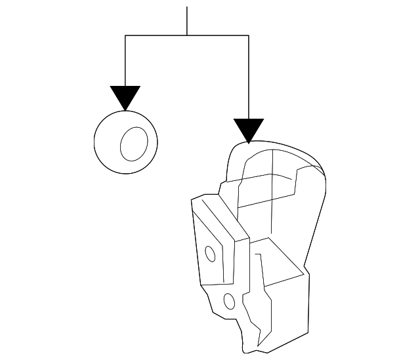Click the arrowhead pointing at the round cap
point(125,96)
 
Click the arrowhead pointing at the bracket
point(249,130)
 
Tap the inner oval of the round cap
point(134,143)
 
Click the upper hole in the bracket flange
point(211,254)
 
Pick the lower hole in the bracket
point(229,302)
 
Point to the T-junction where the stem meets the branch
point(187,35)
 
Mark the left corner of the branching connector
point(125,35)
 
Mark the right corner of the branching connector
point(249,35)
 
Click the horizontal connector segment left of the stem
point(156,35)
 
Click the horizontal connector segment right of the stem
point(218,35)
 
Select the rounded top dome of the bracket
point(276,157)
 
